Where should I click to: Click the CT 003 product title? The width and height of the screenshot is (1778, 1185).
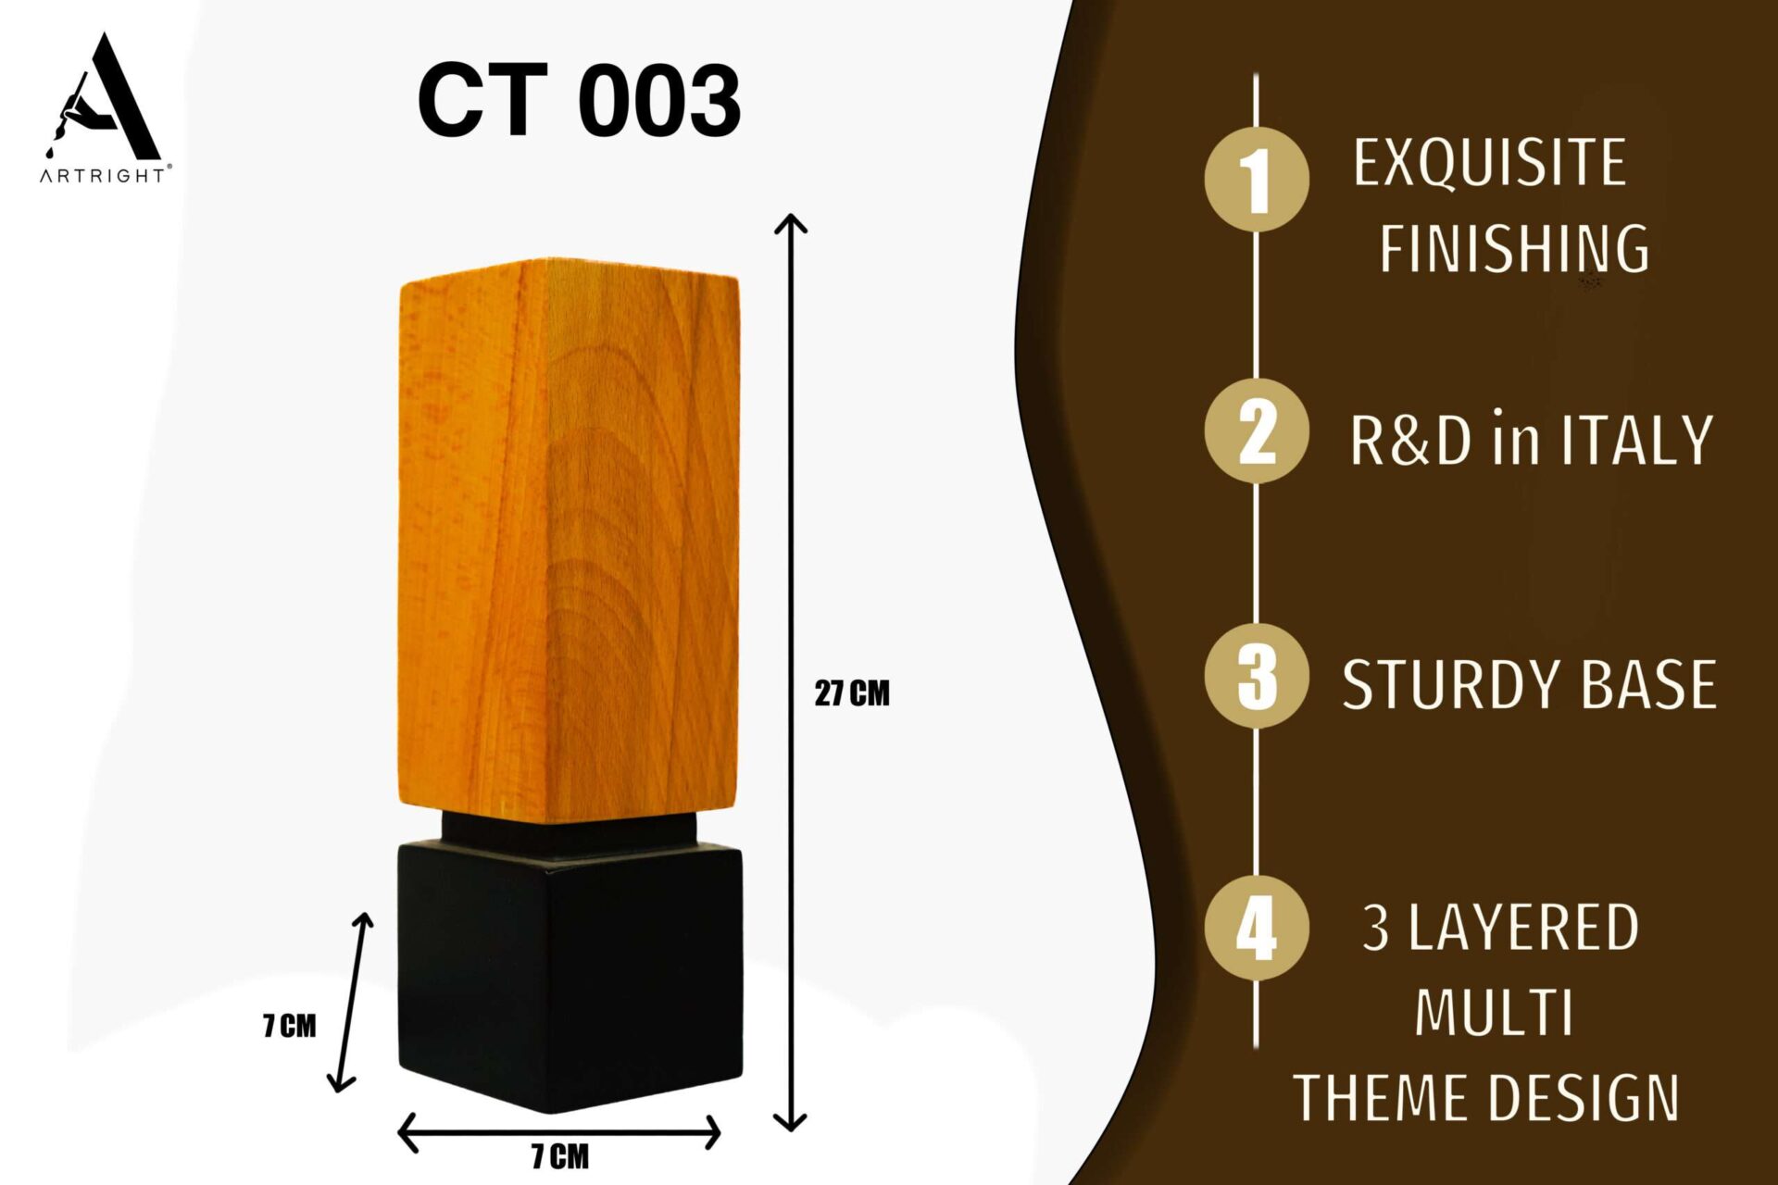click(579, 100)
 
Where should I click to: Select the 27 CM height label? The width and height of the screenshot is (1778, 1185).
click(852, 693)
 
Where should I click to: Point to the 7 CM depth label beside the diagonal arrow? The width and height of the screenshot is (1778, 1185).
click(290, 1026)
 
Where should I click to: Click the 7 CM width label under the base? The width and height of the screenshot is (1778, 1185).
click(559, 1156)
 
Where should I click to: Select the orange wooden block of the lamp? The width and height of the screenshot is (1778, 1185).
click(570, 542)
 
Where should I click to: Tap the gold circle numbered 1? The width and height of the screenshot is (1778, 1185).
click(1257, 179)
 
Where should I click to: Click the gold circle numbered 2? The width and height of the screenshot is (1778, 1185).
click(1257, 430)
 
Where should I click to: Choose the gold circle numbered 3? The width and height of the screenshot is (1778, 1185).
click(1257, 676)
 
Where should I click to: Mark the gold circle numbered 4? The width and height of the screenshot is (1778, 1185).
click(1257, 928)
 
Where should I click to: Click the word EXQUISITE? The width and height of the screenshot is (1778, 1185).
click(1490, 164)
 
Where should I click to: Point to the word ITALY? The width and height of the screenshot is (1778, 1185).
click(1637, 440)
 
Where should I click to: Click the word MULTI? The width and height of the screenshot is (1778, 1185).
click(1494, 1013)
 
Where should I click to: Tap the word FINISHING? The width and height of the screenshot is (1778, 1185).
click(1515, 248)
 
